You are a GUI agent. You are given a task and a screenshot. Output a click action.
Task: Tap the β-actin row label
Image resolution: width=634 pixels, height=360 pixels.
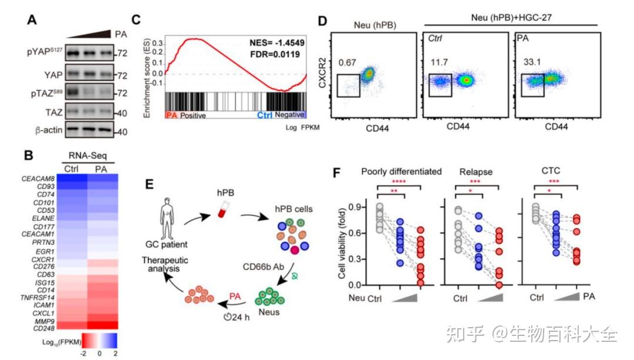[x=46, y=131]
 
